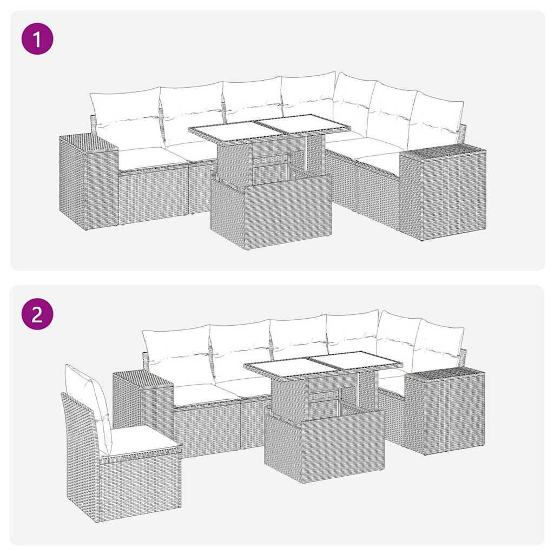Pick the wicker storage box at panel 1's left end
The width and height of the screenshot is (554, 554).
[x=87, y=181]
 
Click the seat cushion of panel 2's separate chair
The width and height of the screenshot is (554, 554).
[x=142, y=440]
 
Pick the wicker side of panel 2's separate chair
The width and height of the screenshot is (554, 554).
[x=81, y=465]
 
